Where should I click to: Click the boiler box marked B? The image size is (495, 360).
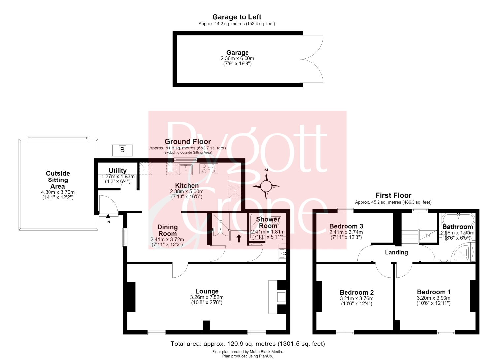click(x=122, y=150)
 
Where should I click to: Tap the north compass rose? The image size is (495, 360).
click(x=266, y=186)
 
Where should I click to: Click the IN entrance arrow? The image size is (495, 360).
click(x=108, y=216)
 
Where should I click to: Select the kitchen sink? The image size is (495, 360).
click(x=186, y=169)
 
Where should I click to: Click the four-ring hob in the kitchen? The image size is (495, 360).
click(x=209, y=168)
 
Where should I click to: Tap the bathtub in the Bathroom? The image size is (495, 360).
click(x=458, y=219)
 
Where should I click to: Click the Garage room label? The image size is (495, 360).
click(x=238, y=52)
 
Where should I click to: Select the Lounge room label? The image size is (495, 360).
click(x=207, y=291)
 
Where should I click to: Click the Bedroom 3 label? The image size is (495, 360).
click(x=346, y=226)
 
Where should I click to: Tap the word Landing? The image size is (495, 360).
click(x=396, y=252)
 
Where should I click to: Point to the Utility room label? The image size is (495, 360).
click(x=117, y=171)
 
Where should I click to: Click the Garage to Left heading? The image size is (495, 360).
click(x=237, y=17)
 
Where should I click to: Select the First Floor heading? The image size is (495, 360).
click(x=393, y=195)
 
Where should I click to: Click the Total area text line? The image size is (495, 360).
click(x=247, y=344)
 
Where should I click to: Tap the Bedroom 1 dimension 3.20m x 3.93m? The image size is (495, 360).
click(x=434, y=298)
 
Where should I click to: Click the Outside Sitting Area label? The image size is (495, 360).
click(x=58, y=180)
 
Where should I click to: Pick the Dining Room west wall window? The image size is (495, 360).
click(x=125, y=237)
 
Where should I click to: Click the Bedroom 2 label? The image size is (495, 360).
click(x=357, y=292)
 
